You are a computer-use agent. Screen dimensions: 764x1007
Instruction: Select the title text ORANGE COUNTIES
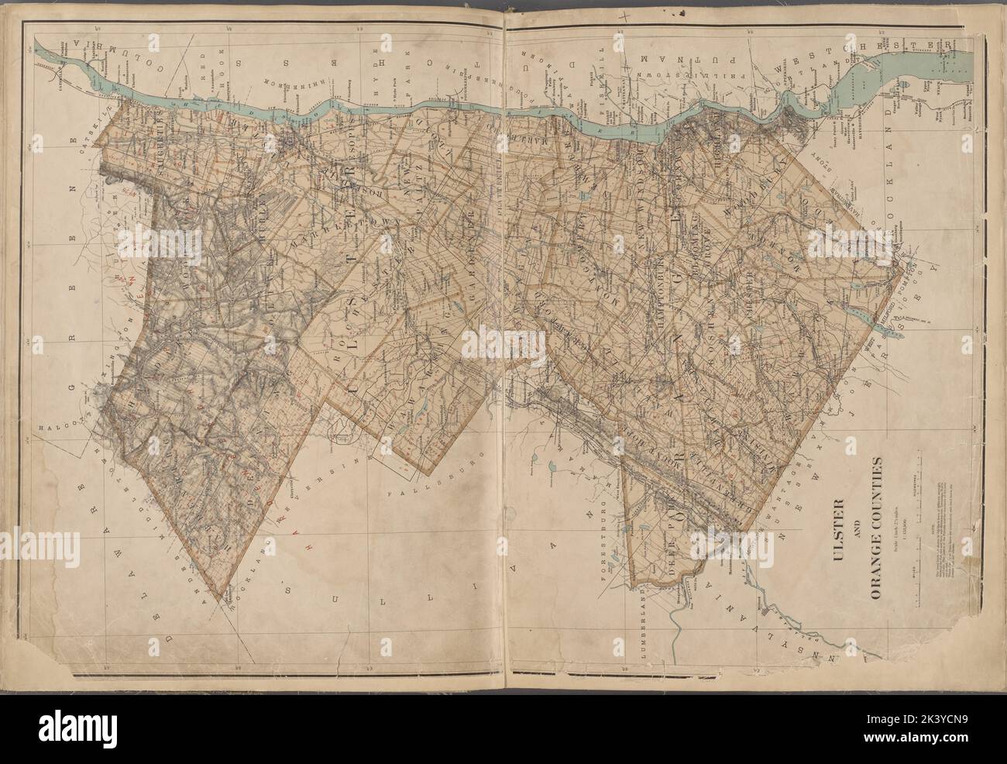click(x=878, y=531)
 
